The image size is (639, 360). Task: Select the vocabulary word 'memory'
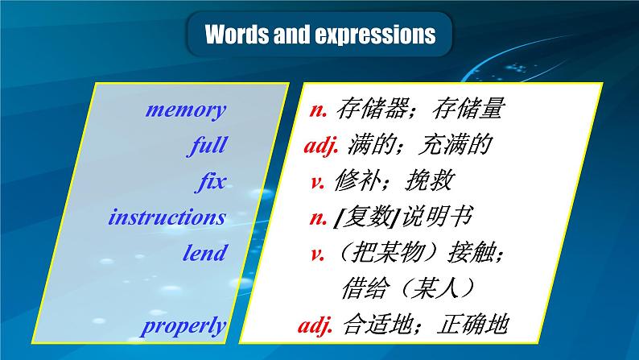tap(186, 110)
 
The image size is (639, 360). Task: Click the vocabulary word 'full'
tap(207, 146)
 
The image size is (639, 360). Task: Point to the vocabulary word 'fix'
tap(212, 181)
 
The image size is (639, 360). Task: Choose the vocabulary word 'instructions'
tap(167, 217)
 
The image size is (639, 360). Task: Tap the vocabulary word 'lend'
tap(204, 253)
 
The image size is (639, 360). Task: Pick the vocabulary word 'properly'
tap(183, 325)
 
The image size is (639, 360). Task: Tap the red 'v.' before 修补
tap(317, 182)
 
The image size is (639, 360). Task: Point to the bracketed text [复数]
tap(366, 217)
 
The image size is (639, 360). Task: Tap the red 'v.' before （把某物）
tap(317, 253)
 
